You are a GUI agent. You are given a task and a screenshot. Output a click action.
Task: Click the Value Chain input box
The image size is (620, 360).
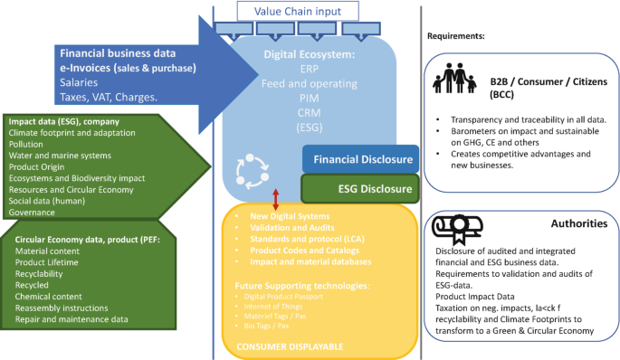point(297,11)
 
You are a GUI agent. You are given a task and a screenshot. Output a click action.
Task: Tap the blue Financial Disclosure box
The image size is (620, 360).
point(359,159)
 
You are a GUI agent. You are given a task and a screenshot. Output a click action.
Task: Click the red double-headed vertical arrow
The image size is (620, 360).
point(275,199)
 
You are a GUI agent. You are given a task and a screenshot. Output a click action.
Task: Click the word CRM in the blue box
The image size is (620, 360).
point(308,112)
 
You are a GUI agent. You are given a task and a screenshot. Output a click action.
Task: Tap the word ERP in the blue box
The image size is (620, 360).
point(308,68)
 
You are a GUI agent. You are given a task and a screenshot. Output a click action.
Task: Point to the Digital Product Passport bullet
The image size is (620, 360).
point(287,297)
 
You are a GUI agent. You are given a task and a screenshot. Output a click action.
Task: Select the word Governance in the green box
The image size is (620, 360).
point(33,213)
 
